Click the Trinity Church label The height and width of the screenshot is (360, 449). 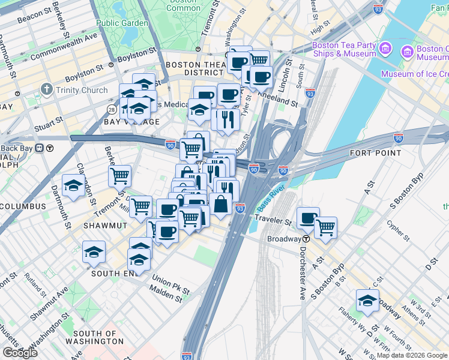(x=82, y=90)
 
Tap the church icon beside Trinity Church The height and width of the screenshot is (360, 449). (x=47, y=90)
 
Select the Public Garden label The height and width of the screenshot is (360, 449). (x=122, y=23)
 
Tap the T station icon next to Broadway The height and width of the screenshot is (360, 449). (x=306, y=239)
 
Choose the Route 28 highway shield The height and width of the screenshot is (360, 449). (x=112, y=109)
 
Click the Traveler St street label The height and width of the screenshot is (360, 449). (x=274, y=220)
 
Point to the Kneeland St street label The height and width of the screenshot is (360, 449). (x=277, y=98)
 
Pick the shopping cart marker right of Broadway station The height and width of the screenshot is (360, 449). (x=325, y=227)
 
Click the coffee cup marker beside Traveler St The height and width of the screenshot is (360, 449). (x=308, y=218)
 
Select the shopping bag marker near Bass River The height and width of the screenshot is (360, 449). (x=220, y=204)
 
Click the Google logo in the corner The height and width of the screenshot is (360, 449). (x=20, y=353)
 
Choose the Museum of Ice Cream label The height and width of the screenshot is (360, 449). (x=414, y=74)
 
